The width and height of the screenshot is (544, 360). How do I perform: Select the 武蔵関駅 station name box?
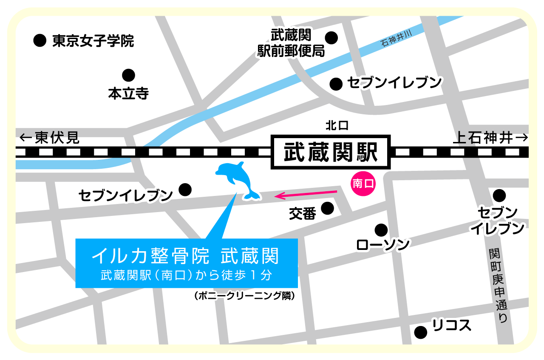(x=330, y=152)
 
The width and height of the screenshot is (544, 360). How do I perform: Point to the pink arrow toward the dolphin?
(x=306, y=194)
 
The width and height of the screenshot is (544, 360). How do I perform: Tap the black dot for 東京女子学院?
(x=40, y=41)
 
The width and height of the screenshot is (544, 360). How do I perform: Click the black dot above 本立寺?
(x=128, y=75)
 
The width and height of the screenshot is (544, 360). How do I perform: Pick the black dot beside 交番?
(x=327, y=208)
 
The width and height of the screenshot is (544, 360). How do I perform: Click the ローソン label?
(x=383, y=245)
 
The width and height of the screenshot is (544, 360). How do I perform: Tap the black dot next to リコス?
(x=420, y=332)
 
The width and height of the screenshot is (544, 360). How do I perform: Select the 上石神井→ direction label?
(x=491, y=138)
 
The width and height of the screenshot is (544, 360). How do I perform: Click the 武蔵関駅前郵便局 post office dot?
(x=331, y=37)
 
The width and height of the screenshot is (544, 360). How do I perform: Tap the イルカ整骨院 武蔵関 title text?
(x=185, y=256)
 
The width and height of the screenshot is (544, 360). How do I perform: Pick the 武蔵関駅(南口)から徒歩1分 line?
(x=186, y=275)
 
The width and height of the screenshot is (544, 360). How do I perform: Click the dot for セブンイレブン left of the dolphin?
(x=185, y=190)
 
